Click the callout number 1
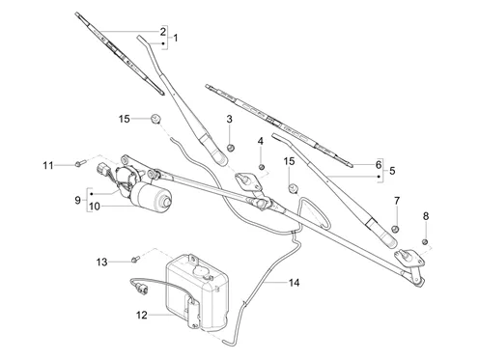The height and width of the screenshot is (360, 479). pos(176,38)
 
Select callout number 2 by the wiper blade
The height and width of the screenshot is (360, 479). pos(163,32)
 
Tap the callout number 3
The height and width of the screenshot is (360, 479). pos(229,119)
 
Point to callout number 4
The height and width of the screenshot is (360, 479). pos(261,141)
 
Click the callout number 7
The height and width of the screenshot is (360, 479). pos(397,201)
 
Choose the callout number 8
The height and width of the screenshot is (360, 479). pos(426,216)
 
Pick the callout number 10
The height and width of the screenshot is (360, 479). pos(95,207)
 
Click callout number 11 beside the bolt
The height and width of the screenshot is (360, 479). pos(48,165)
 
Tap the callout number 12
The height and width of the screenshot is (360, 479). pos(142,315)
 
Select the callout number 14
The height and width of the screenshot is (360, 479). pos(295,283)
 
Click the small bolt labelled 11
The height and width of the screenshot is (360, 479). pos(80,163)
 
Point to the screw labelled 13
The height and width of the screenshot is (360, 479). pos(135,259)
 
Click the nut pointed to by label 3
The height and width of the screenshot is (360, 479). pos(231,148)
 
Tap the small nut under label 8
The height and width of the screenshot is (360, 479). pos(425,241)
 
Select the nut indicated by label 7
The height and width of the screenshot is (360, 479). pos(395,229)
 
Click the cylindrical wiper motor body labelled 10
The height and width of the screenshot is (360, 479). pos(151,197)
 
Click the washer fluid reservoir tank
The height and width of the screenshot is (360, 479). pos(197,292)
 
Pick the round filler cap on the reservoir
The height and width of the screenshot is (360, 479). pos(201,271)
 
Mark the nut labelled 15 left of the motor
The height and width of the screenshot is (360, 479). pos(155,119)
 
